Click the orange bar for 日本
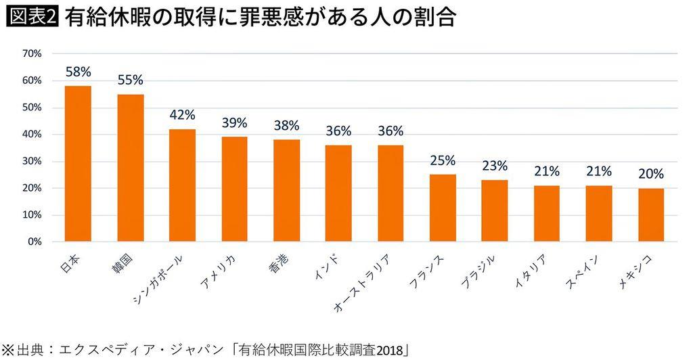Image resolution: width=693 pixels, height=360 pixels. [x=78, y=164]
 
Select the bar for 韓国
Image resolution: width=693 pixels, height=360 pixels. [x=130, y=168]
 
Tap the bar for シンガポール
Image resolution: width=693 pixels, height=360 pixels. [x=182, y=185]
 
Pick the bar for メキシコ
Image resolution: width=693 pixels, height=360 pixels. [x=651, y=215]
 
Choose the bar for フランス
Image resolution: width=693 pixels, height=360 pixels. [x=443, y=208]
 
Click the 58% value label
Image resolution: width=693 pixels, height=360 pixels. [x=78, y=71]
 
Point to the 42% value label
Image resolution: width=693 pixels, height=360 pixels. [x=182, y=114]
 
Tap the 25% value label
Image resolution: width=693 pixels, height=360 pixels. [x=443, y=160]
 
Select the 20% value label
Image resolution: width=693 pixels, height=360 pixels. [x=651, y=174]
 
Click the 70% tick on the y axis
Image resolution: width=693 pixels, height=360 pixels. [x=32, y=53]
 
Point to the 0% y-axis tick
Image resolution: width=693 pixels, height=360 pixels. [x=35, y=242]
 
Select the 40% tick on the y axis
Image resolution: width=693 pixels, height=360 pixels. [x=32, y=134]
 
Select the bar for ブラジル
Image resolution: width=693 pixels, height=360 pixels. [x=495, y=210]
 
